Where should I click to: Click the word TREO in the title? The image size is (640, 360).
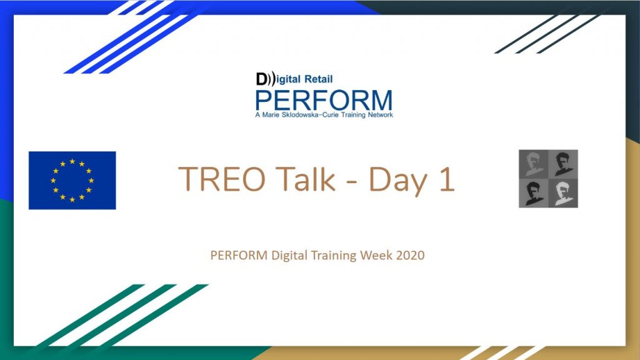point(222,179)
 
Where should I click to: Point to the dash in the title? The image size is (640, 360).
point(352,181)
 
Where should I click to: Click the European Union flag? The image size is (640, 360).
point(72,181)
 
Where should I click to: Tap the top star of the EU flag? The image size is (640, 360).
point(72,161)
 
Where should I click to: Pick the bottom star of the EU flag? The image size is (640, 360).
point(72,199)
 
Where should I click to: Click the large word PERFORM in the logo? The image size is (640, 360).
point(324,101)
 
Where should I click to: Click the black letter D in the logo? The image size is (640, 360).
point(261,79)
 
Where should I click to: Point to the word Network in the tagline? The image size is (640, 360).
point(380,115)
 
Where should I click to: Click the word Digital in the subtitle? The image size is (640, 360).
point(289,256)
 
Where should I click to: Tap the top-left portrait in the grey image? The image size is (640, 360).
point(533,164)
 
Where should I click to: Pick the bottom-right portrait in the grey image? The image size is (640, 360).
point(563,193)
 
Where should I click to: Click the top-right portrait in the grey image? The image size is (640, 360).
point(563,164)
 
